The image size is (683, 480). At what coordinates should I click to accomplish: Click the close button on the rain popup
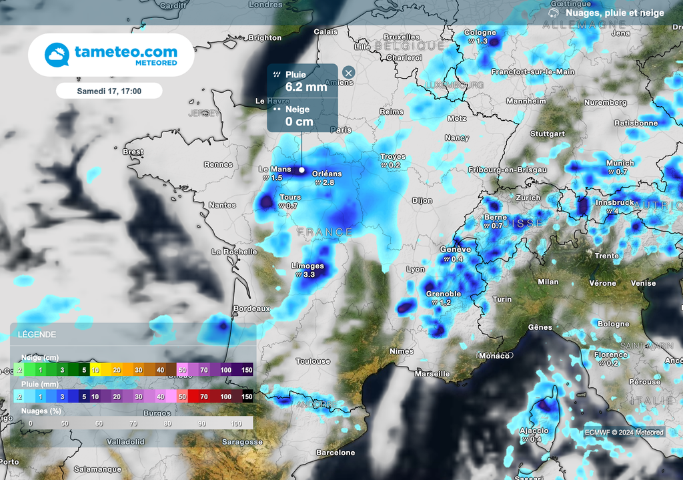(x=348, y=73)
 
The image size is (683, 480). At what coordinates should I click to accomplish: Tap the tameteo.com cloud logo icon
(x=57, y=55)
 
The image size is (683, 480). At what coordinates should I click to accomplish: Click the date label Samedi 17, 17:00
(x=109, y=90)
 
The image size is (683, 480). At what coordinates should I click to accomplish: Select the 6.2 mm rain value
(x=306, y=87)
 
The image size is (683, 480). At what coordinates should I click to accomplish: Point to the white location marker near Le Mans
(x=301, y=170)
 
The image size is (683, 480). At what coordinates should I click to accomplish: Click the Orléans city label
(x=327, y=174)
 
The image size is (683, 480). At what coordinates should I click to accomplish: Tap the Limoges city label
(x=307, y=266)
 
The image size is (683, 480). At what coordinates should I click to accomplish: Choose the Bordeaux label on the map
(x=251, y=308)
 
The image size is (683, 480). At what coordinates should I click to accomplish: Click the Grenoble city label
(x=444, y=294)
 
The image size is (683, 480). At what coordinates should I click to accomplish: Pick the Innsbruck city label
(x=614, y=202)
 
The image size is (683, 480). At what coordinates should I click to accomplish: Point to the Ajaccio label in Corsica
(x=534, y=431)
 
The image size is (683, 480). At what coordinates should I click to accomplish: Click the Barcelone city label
(x=335, y=453)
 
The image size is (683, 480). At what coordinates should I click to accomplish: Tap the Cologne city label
(x=480, y=32)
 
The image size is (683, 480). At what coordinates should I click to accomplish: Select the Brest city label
(x=133, y=152)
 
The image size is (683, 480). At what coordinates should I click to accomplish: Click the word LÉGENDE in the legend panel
(x=37, y=334)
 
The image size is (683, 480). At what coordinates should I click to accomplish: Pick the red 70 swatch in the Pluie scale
(x=203, y=397)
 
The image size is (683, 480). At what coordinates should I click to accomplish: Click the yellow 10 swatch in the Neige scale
(x=95, y=369)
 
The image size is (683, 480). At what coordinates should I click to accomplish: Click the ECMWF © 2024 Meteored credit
(x=624, y=433)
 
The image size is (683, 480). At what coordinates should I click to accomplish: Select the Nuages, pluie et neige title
(x=615, y=12)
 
